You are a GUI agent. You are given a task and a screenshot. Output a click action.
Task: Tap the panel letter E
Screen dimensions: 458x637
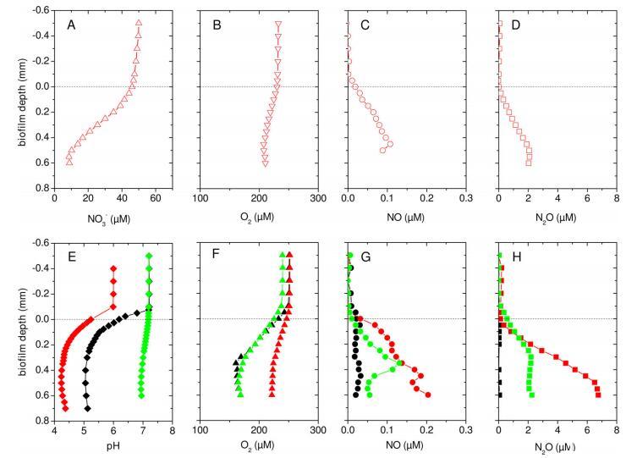tap(72, 257)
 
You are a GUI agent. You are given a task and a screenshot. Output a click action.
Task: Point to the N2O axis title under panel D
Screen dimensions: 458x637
tap(557, 218)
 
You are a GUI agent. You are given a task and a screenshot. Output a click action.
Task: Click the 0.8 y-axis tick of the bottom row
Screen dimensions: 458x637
tap(41, 422)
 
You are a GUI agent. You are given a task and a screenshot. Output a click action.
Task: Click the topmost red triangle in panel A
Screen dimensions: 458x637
tap(139, 23)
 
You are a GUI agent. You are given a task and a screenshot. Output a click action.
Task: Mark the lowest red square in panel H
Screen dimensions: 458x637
tap(598, 395)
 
